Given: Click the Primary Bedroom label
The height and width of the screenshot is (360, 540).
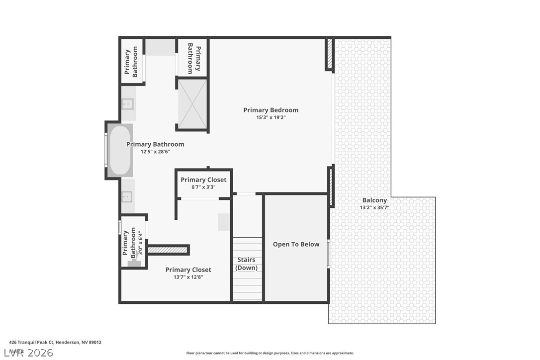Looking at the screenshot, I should tap(270, 110).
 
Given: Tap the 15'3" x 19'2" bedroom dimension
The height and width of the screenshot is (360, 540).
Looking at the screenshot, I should tap(270, 117).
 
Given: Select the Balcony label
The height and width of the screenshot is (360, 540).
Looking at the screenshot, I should tap(374, 200).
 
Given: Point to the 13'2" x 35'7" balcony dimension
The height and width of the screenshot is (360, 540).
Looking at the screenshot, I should tap(374, 207).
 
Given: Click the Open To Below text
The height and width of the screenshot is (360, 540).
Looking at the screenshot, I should tap(296, 244).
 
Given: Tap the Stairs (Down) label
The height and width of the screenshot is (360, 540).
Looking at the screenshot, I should tap(247, 264).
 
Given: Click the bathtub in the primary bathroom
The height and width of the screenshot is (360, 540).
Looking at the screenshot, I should tap(119, 151).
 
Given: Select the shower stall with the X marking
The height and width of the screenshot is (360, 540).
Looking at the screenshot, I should tap(192, 104).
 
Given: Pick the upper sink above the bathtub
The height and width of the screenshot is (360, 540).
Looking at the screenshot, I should tap(128, 104).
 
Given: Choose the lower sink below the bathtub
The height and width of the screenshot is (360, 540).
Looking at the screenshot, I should tap(128, 196).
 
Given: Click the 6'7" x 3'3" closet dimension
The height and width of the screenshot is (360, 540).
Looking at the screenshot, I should tap(203, 187).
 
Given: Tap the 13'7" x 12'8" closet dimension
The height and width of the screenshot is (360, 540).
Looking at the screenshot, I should tap(188, 277).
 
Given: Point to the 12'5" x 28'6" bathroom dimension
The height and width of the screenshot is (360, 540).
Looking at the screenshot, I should tap(155, 152).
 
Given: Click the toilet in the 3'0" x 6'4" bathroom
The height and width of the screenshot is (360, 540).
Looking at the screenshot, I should tap(134, 263).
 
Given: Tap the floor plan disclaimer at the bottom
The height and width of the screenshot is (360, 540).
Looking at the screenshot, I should tap(270, 353).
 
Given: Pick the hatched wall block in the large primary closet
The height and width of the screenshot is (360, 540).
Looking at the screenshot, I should tap(169, 250).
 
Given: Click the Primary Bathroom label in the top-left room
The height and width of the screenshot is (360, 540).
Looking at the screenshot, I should tap(131, 62).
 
